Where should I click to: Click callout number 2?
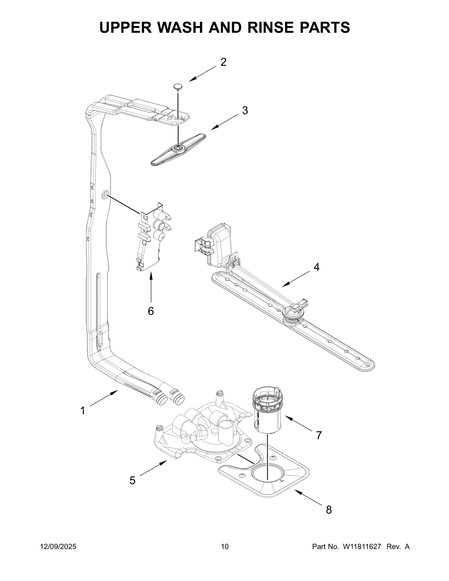[x=223, y=62]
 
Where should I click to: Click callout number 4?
[x=316, y=267]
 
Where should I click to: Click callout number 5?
[x=132, y=481]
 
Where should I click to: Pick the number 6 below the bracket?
[x=151, y=311]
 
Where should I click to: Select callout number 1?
[x=83, y=411]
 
